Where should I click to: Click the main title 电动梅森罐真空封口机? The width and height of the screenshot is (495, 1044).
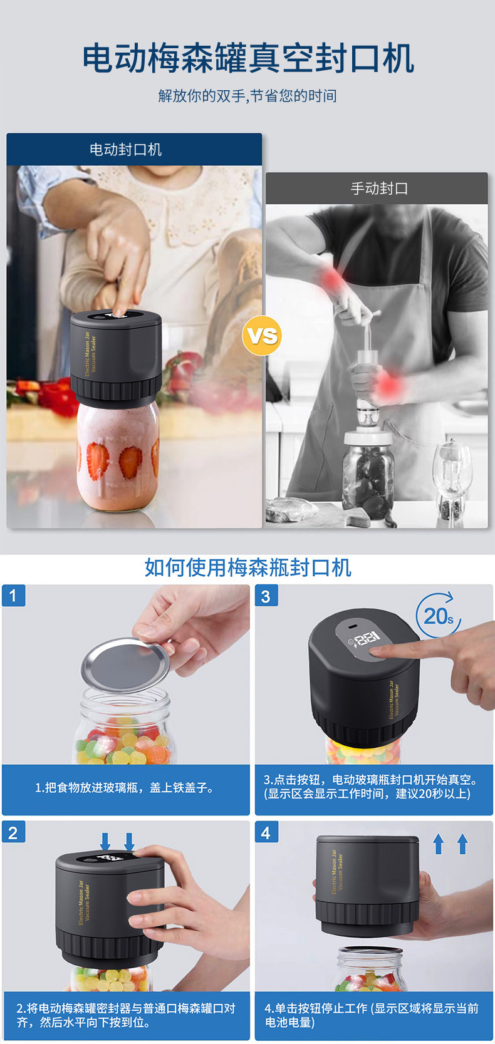click(247, 58)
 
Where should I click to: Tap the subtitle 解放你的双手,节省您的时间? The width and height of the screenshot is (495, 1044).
click(247, 96)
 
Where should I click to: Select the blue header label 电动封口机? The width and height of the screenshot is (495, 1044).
click(126, 150)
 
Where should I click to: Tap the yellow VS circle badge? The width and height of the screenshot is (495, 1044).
click(262, 336)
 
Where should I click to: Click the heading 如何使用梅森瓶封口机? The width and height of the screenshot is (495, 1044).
click(247, 567)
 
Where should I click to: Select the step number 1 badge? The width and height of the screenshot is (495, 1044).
click(14, 595)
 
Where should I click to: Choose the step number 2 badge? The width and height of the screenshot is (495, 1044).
click(14, 832)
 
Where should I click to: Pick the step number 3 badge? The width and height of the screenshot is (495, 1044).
click(266, 596)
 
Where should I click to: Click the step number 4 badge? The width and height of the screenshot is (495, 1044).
click(266, 832)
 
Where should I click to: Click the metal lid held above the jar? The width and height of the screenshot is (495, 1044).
click(125, 665)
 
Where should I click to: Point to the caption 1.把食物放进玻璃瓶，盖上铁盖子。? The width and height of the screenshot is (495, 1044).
click(125, 788)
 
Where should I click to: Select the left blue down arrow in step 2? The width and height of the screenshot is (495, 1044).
click(105, 842)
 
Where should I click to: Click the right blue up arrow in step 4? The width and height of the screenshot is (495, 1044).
click(462, 844)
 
